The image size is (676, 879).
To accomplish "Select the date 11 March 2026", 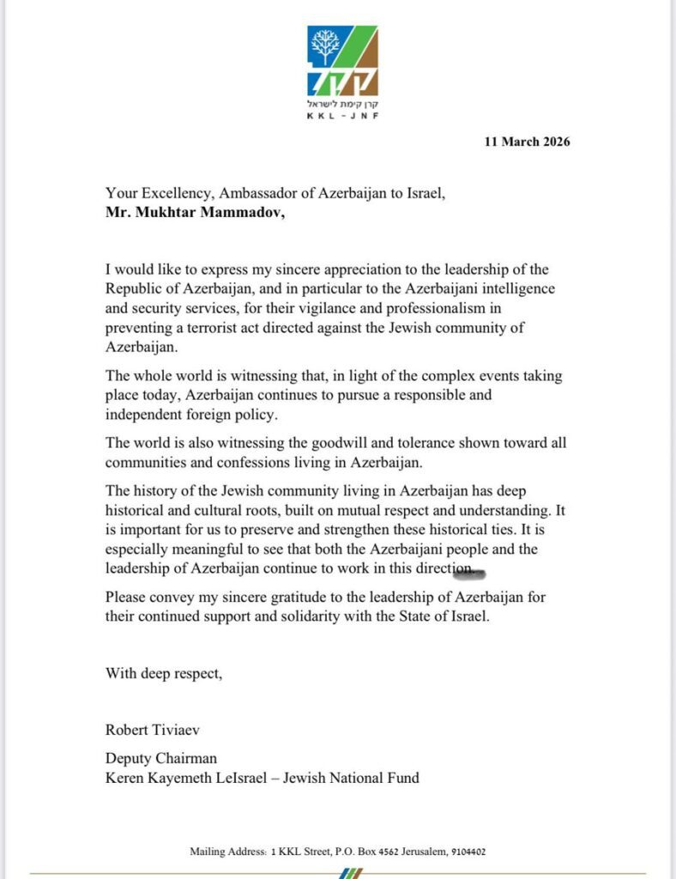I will coord(527,142).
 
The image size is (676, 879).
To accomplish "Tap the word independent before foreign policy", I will coord(149,415).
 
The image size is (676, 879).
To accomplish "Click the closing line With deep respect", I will coord(164,673).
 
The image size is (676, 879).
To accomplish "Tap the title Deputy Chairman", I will coord(161,759).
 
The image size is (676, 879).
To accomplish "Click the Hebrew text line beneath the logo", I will coord(343,102).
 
